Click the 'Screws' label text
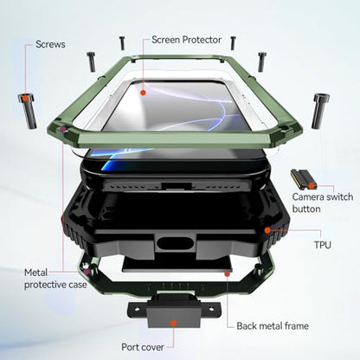click(x=50, y=44)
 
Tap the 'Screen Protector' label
click(x=186, y=40)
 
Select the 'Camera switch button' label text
click(x=322, y=202)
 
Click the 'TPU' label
click(x=323, y=245)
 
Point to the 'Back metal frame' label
click(x=273, y=326)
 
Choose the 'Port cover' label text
click(x=143, y=347)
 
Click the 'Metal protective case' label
click(x=55, y=279)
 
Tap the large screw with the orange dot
click(x=27, y=111)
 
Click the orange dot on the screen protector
click(x=143, y=93)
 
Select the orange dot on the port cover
click(x=173, y=323)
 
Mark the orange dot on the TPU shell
click(x=267, y=230)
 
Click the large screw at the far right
click(x=320, y=111)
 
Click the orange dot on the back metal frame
click(x=228, y=273)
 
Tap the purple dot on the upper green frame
click(x=63, y=130)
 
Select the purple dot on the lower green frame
click(x=86, y=272)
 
